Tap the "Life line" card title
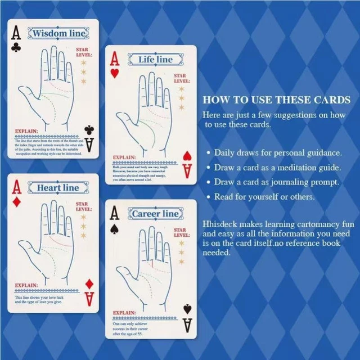tap(156, 60)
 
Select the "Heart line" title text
tap(57, 187)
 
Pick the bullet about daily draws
tap(281, 152)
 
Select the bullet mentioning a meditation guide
tap(281, 168)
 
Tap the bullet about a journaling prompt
tap(280, 182)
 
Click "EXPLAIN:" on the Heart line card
tap(27, 285)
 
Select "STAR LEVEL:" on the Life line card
tap(180, 78)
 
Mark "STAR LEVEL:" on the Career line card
tap(180, 232)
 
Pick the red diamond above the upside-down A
tap(89, 283)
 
